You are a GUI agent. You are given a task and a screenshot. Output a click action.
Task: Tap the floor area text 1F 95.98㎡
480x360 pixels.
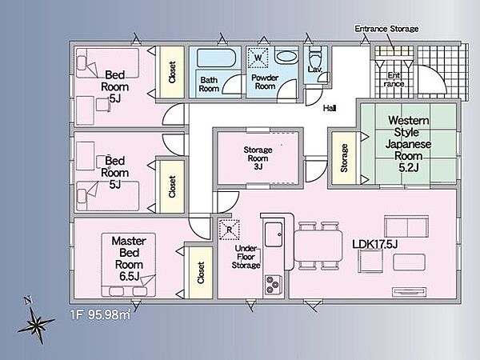(101, 314)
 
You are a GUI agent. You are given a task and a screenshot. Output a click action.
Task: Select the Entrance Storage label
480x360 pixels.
(386, 29)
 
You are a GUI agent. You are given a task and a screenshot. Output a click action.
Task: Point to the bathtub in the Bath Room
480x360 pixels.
(216, 58)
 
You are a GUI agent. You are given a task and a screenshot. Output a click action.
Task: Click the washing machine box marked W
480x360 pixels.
(258, 58)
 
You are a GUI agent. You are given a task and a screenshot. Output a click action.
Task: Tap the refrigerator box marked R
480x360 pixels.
(230, 230)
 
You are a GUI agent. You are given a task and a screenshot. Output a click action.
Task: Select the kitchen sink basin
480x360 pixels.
(274, 234)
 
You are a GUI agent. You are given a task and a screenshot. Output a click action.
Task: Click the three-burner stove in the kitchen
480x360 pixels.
(273, 285)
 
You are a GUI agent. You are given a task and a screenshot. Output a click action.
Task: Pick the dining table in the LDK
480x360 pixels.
(318, 246)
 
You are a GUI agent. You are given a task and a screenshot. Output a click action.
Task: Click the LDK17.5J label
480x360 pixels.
(374, 244)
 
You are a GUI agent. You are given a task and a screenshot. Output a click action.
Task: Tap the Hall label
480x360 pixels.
(330, 108)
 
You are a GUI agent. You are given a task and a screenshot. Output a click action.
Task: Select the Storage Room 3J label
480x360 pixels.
(258, 158)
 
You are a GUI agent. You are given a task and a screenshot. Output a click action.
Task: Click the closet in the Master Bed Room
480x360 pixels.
(201, 273)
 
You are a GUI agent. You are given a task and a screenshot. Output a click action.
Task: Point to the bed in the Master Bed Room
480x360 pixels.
(129, 265)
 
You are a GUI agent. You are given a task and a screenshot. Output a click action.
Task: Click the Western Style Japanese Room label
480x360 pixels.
(408, 143)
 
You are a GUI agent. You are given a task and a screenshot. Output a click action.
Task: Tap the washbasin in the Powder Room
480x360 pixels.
(287, 56)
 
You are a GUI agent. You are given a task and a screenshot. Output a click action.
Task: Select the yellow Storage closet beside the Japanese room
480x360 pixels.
(344, 158)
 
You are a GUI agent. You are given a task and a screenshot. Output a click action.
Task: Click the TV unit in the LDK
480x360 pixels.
(410, 292)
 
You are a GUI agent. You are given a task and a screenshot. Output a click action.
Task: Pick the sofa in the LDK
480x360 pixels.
(406, 226)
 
